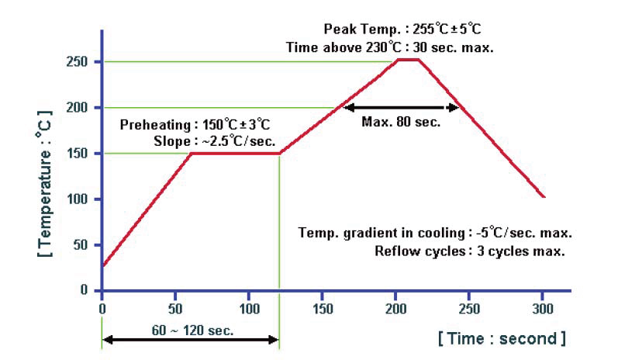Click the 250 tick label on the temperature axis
[81, 61]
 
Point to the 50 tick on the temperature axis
[85, 245]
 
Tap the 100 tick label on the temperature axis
[81, 199]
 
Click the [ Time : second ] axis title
[502, 338]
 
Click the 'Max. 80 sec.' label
[401, 122]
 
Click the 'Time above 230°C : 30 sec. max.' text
[390, 47]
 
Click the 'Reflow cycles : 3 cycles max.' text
[469, 251]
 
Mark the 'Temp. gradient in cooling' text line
[435, 234]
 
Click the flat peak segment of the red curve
[408, 59]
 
